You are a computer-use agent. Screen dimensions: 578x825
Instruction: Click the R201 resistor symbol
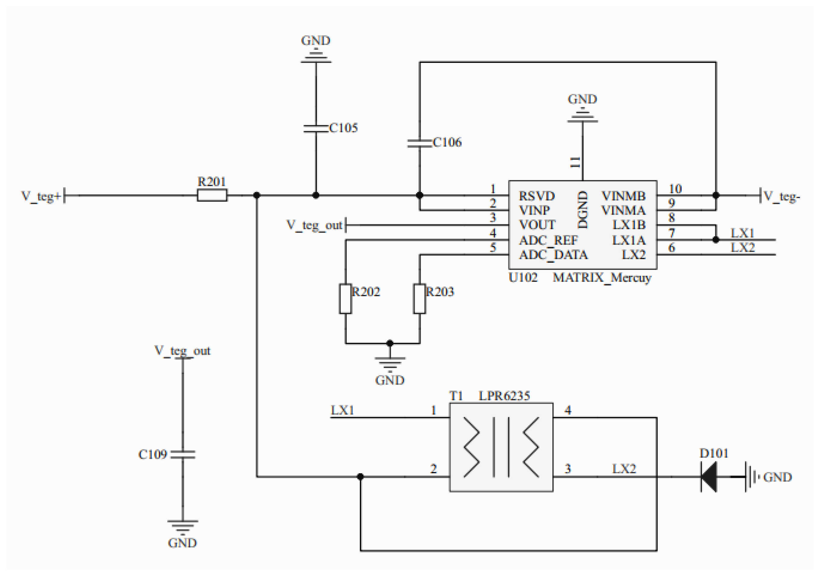coord(212,196)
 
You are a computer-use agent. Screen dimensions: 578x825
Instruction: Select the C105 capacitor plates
coord(316,129)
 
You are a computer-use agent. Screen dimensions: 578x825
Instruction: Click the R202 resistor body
coord(345,299)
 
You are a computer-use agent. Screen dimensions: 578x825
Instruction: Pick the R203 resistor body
coord(419,299)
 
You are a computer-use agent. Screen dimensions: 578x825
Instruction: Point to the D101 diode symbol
coord(709,477)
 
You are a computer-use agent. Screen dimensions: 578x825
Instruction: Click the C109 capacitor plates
coord(183,454)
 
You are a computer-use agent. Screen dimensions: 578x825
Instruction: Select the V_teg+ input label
coord(41,196)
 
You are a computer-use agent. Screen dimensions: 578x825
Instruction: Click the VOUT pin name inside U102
coord(537,225)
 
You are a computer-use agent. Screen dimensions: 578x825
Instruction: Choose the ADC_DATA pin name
coord(553,255)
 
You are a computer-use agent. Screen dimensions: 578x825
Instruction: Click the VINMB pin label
coord(623,196)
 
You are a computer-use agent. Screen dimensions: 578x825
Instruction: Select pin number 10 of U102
coord(675,189)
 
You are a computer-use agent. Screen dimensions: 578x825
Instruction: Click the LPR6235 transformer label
coord(504,396)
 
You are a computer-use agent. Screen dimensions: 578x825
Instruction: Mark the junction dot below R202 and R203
coord(390,343)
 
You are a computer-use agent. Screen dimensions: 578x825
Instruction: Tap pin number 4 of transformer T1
coord(568,410)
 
